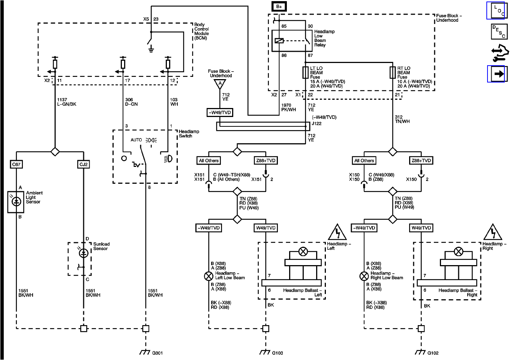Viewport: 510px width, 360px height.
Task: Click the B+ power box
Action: point(279,6)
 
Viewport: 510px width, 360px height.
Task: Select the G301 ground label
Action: point(157,353)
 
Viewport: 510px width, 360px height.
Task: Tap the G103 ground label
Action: point(277,353)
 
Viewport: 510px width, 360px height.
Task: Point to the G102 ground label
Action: point(433,353)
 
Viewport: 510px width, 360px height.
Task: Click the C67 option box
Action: point(16,164)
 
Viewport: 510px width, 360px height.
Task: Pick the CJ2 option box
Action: point(84,164)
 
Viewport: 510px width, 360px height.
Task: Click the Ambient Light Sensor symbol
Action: point(16,202)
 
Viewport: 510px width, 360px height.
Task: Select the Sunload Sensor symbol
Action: point(84,253)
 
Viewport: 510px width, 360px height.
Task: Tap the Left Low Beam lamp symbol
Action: point(208,276)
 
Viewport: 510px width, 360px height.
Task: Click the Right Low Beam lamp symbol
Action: point(364,276)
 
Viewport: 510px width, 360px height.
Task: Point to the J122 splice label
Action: point(316,123)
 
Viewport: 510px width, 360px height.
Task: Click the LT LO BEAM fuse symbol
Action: point(306,72)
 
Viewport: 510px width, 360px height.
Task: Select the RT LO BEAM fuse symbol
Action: point(393,72)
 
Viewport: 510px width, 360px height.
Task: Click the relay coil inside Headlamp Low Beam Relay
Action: point(279,40)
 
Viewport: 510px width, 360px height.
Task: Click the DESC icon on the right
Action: point(499,32)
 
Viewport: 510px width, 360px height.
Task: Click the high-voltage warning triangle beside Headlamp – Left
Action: point(337,232)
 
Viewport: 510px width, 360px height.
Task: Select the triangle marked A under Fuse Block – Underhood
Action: point(220,84)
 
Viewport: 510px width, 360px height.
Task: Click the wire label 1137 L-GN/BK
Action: point(66,102)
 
